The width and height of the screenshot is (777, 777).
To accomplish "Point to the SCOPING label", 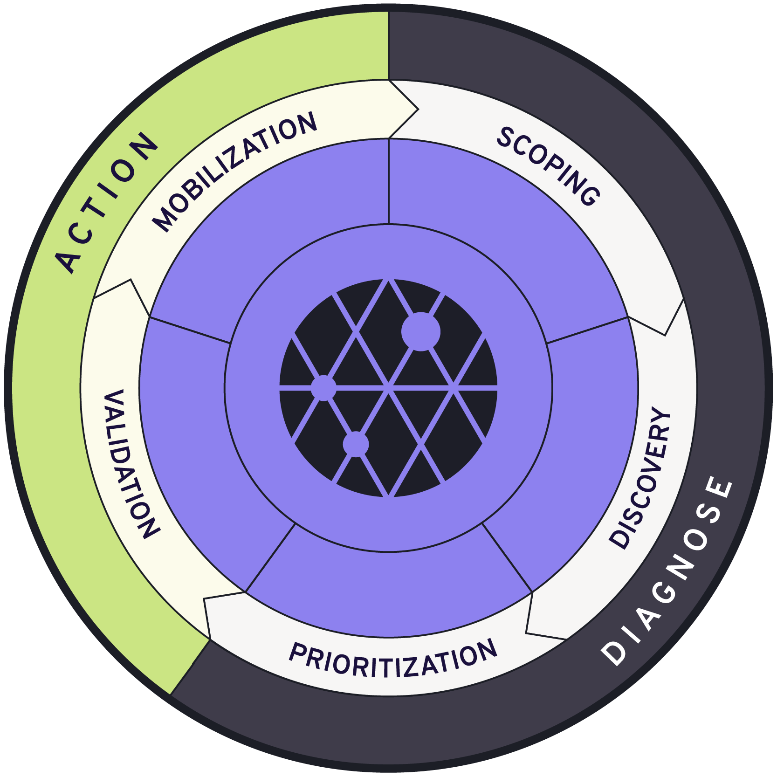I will (x=548, y=165).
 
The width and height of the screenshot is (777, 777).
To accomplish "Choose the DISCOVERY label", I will (x=641, y=478).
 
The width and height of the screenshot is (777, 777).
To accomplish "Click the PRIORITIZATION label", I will (x=392, y=658).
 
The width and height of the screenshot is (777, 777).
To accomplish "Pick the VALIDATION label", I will (x=131, y=464).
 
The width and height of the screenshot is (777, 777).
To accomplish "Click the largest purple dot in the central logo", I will (x=420, y=331).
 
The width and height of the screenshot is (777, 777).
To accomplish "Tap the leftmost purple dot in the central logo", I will (x=323, y=387).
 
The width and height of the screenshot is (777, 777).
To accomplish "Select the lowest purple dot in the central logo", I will (x=356, y=444).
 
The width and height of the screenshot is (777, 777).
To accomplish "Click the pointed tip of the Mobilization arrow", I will (x=418, y=110).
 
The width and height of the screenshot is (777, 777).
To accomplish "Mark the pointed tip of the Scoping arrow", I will (x=665, y=335).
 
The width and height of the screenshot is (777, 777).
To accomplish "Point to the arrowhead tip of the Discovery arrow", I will (x=527, y=633).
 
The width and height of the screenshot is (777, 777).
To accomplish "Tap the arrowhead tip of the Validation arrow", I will (x=131, y=280).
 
